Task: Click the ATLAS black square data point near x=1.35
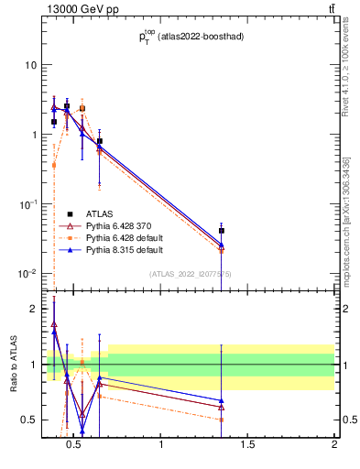pyautogui.click(x=222, y=231)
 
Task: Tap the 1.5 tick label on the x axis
pyautogui.click(x=247, y=446)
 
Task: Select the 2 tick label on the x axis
pyautogui.click(x=334, y=446)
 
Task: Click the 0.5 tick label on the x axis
pyautogui.click(x=74, y=446)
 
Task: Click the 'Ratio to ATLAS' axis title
pyautogui.click(x=12, y=365)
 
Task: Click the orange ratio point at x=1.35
pyautogui.click(x=222, y=420)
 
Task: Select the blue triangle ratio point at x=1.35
pyautogui.click(x=222, y=400)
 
